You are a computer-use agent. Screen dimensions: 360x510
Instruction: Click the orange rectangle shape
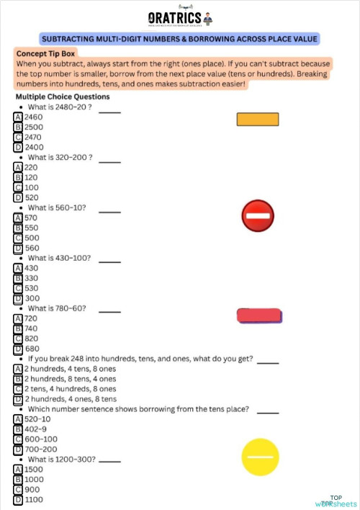tap(257, 119)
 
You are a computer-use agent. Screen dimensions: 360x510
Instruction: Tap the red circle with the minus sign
tap(257, 215)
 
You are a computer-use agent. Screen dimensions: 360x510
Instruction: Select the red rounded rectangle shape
tap(259, 316)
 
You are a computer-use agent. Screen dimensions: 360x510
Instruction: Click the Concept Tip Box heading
tap(45, 53)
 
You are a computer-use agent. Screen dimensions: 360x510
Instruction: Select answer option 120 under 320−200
tap(32, 176)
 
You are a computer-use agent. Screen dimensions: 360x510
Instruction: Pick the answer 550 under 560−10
tap(32, 228)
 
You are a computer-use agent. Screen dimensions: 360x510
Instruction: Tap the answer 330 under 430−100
tap(32, 278)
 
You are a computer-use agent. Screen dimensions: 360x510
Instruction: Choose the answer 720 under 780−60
tap(32, 318)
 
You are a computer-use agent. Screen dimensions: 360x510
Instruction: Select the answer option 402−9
tap(36, 429)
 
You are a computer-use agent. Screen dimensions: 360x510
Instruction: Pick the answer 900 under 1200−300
tap(32, 489)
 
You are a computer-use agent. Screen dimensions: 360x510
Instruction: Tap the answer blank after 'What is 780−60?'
tap(109, 310)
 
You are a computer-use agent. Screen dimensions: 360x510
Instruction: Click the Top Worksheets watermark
tap(336, 501)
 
